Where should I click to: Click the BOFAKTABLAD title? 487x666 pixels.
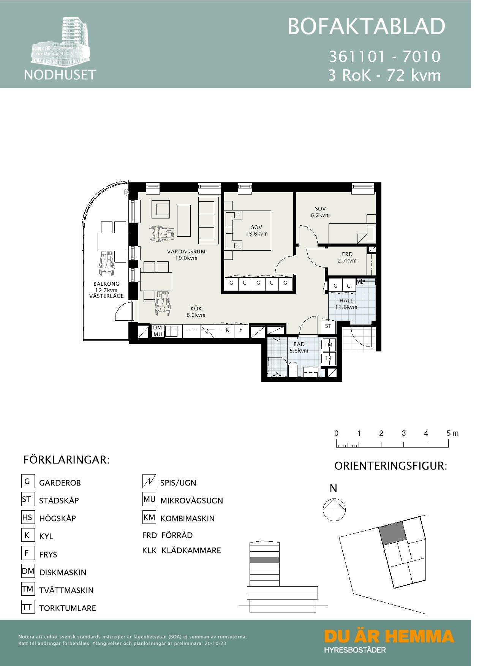tap(366, 27)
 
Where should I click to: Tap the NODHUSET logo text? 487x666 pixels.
tap(60, 74)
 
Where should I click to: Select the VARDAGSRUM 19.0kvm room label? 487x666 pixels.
tap(186, 255)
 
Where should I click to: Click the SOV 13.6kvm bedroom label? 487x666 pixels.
tap(256, 231)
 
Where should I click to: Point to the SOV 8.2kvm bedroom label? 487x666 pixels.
tap(320, 212)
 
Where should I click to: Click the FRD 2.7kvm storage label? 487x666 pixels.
tap(347, 257)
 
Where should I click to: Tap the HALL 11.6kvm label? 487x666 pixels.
tap(346, 304)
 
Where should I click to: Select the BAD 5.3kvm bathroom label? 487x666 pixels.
tap(299, 347)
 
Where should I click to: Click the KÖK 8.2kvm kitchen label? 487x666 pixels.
tap(196, 312)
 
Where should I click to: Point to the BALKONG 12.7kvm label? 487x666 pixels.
tap(106, 290)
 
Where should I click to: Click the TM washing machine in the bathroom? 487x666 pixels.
tap(328, 345)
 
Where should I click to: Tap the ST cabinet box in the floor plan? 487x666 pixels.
tap(328, 326)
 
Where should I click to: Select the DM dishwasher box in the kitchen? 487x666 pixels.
tap(157, 327)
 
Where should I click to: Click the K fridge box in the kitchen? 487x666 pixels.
tap(227, 330)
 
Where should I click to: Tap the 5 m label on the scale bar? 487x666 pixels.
tap(452, 433)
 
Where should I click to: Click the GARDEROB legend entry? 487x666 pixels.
tap(60, 483)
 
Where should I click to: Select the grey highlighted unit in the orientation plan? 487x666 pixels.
tap(392, 532)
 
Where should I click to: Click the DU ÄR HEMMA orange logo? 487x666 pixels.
tap(389, 636)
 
